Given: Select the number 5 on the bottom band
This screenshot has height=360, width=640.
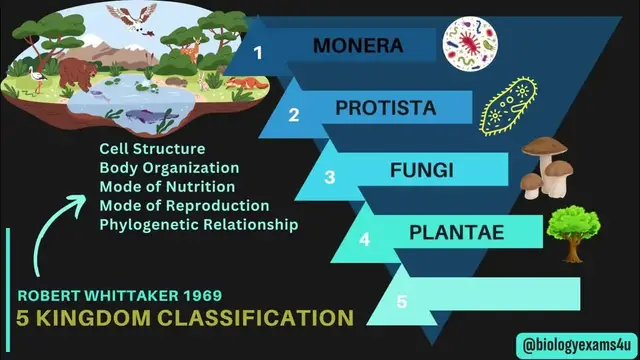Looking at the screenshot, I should coord(402,301).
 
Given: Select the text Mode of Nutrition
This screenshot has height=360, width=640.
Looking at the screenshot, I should coord(166,187).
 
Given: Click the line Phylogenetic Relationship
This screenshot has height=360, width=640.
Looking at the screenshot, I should coord(198,225).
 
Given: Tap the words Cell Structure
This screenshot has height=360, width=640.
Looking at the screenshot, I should coord(151,149).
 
